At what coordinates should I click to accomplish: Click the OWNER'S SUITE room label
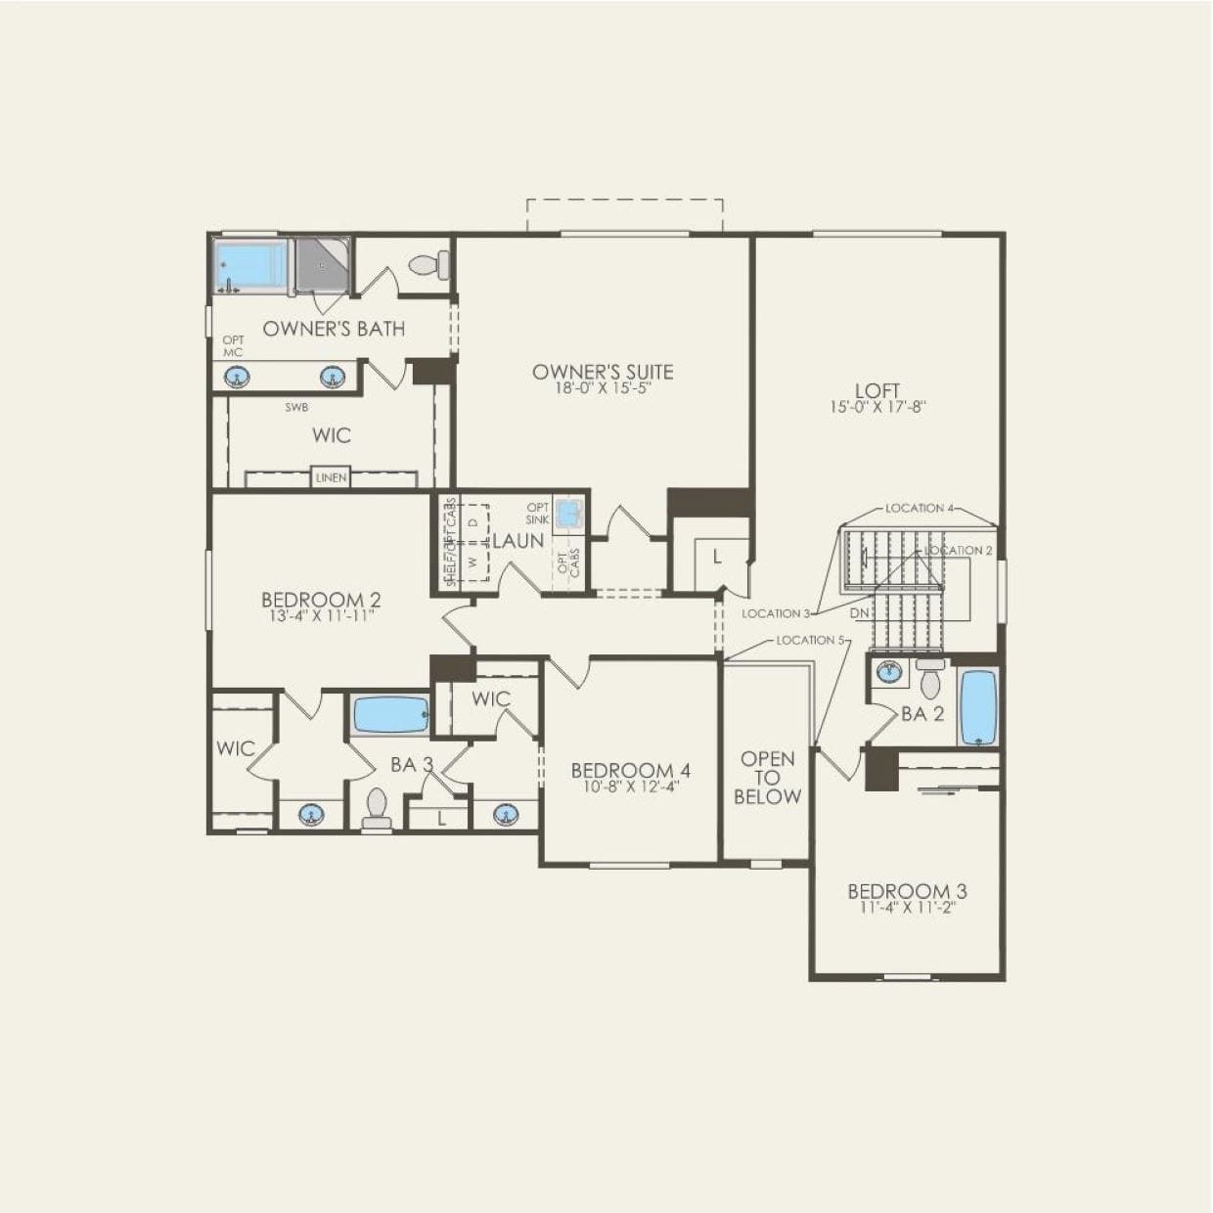(603, 372)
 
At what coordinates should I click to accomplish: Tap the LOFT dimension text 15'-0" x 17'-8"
(876, 408)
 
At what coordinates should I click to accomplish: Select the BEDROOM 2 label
(321, 600)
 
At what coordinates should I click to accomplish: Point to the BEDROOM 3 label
(907, 891)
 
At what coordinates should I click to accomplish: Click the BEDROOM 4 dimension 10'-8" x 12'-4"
(631, 786)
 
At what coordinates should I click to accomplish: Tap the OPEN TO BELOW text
(767, 778)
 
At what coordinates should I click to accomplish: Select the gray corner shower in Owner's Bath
(321, 265)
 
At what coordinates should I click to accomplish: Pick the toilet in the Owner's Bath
(428, 264)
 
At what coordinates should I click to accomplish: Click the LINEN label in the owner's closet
(331, 478)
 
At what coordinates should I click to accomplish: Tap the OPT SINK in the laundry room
(568, 512)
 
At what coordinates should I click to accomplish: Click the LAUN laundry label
(517, 541)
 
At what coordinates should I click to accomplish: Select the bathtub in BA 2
(977, 707)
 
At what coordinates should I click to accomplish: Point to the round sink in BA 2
(889, 672)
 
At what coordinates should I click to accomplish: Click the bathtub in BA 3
(390, 715)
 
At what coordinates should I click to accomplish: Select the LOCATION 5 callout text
(808, 640)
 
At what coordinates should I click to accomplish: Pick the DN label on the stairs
(859, 613)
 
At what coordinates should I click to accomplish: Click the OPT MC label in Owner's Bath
(233, 346)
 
